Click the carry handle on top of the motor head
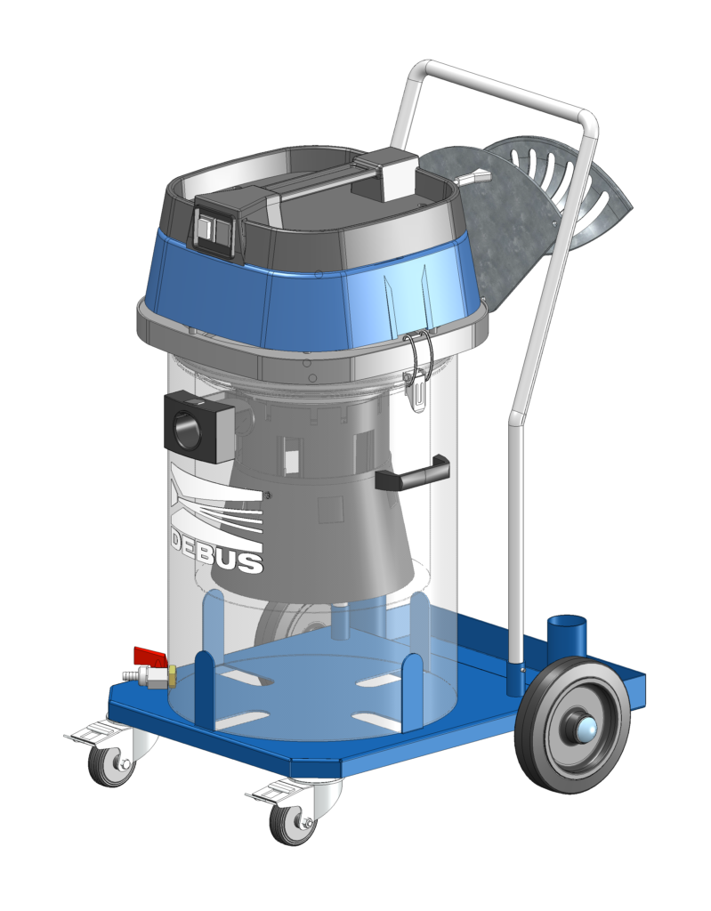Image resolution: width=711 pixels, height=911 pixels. point(320,181)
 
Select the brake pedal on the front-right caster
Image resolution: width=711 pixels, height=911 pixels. point(271,791)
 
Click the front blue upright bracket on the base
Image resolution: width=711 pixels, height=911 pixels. point(204,689)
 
